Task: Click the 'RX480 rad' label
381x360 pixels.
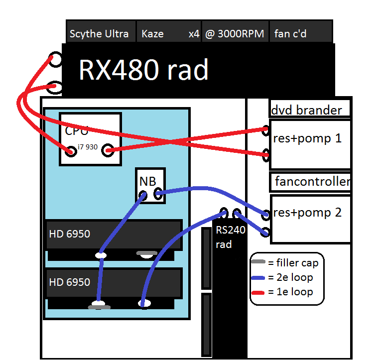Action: [x=143, y=71]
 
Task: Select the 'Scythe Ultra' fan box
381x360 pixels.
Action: [x=100, y=33]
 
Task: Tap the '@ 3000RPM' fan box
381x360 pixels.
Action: [x=235, y=33]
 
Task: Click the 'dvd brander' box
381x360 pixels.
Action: [x=309, y=109]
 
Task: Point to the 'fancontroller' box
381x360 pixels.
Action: [x=312, y=182]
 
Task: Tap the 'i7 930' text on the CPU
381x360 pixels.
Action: [x=88, y=147]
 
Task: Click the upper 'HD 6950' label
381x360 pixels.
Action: [x=70, y=233]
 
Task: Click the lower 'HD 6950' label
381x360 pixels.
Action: [x=70, y=282]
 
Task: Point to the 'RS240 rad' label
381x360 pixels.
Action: [x=227, y=237]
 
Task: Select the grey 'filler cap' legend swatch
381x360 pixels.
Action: [x=258, y=262]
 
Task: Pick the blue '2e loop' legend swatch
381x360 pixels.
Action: [x=258, y=277]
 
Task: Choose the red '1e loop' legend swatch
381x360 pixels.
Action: [x=258, y=292]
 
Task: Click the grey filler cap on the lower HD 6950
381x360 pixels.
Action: [x=99, y=307]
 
